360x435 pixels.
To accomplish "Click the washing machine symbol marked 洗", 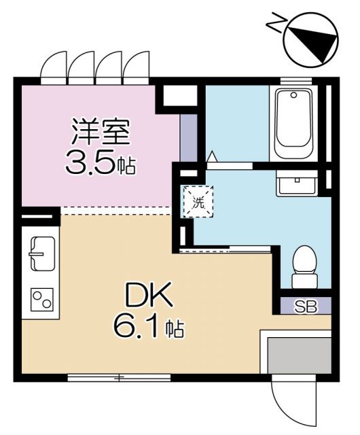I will (x=198, y=201).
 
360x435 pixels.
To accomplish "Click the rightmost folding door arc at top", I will (x=137, y=66).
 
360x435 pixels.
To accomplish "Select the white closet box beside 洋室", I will (x=180, y=97).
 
